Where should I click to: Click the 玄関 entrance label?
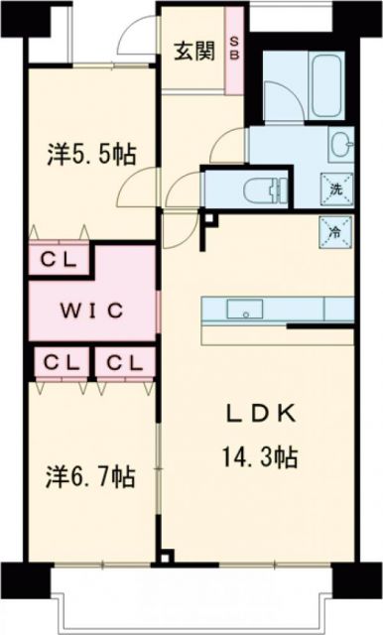194,51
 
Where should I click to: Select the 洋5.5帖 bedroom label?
91,154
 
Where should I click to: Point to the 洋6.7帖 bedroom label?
90,477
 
